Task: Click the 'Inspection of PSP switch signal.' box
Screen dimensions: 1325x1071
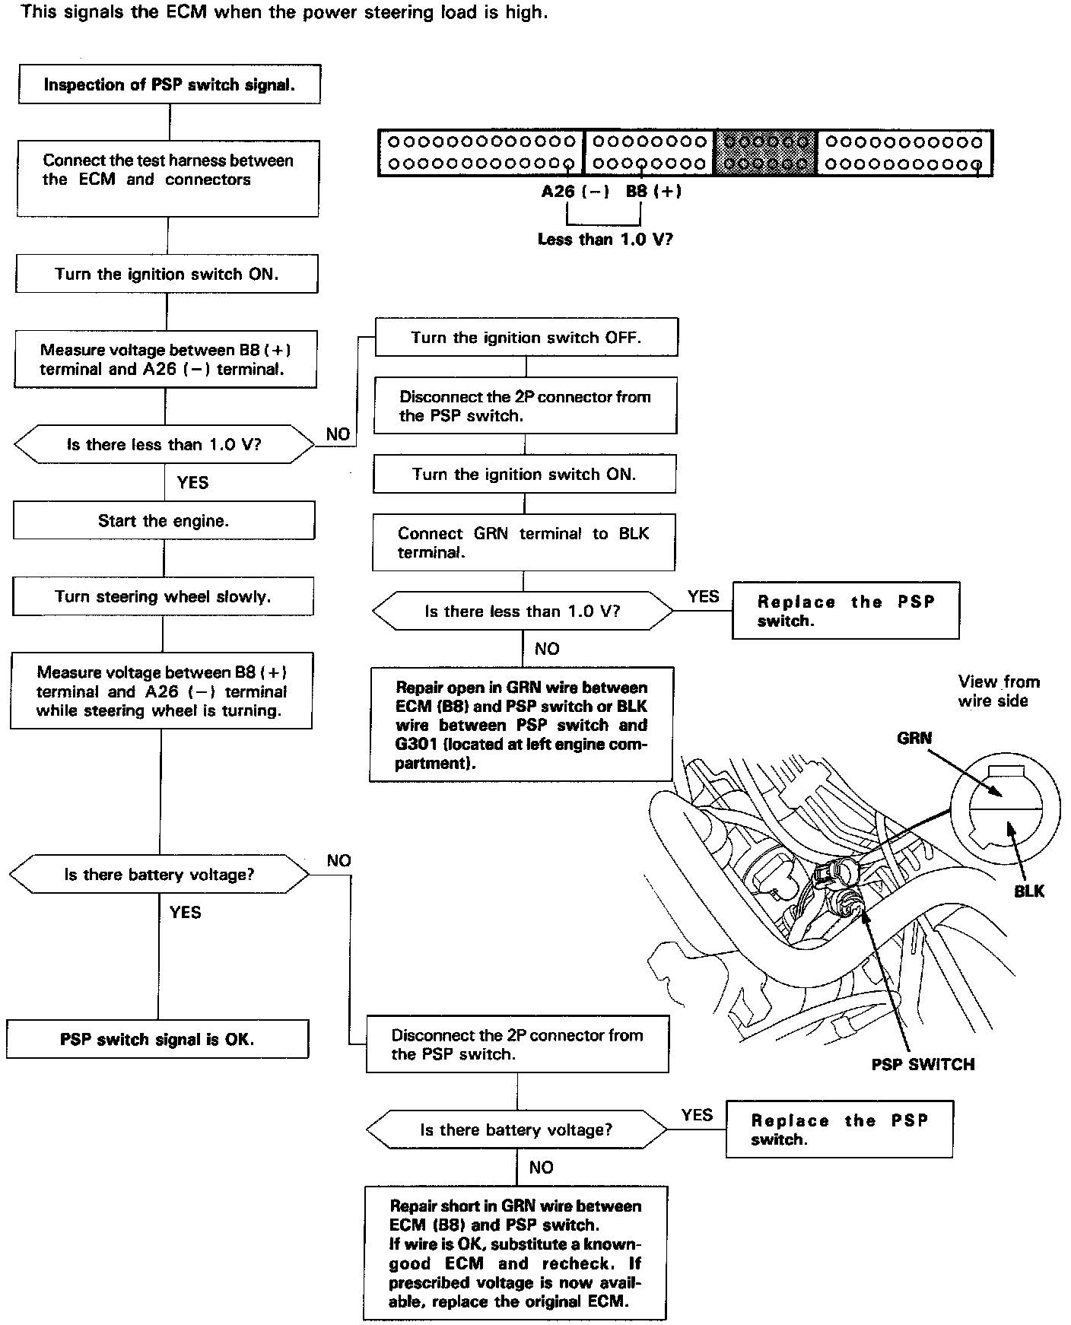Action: [169, 84]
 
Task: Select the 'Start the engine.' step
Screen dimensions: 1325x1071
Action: [164, 521]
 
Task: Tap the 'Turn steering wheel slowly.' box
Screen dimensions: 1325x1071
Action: [163, 596]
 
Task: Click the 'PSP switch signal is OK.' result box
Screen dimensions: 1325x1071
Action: [157, 1039]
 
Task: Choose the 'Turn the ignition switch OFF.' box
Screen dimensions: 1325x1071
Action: [526, 337]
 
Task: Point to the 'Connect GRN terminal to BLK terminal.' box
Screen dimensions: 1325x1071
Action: [523, 543]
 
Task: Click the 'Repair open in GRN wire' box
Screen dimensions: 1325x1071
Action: [521, 724]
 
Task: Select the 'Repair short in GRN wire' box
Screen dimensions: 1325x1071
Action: [515, 1253]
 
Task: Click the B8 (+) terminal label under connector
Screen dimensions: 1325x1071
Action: [653, 192]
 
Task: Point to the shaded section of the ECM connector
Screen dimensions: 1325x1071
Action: [765, 152]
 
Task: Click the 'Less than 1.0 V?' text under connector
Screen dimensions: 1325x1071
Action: [605, 239]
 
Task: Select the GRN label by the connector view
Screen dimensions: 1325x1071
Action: [914, 738]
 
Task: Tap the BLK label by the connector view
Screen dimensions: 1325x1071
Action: [1029, 891]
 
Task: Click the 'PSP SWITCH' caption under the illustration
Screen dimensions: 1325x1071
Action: [923, 1064]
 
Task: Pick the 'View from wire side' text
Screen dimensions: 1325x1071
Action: [997, 691]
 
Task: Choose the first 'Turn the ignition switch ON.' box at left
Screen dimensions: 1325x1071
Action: [167, 274]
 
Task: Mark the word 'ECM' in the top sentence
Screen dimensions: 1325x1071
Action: [186, 12]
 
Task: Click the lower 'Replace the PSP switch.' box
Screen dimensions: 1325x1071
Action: [839, 1130]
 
